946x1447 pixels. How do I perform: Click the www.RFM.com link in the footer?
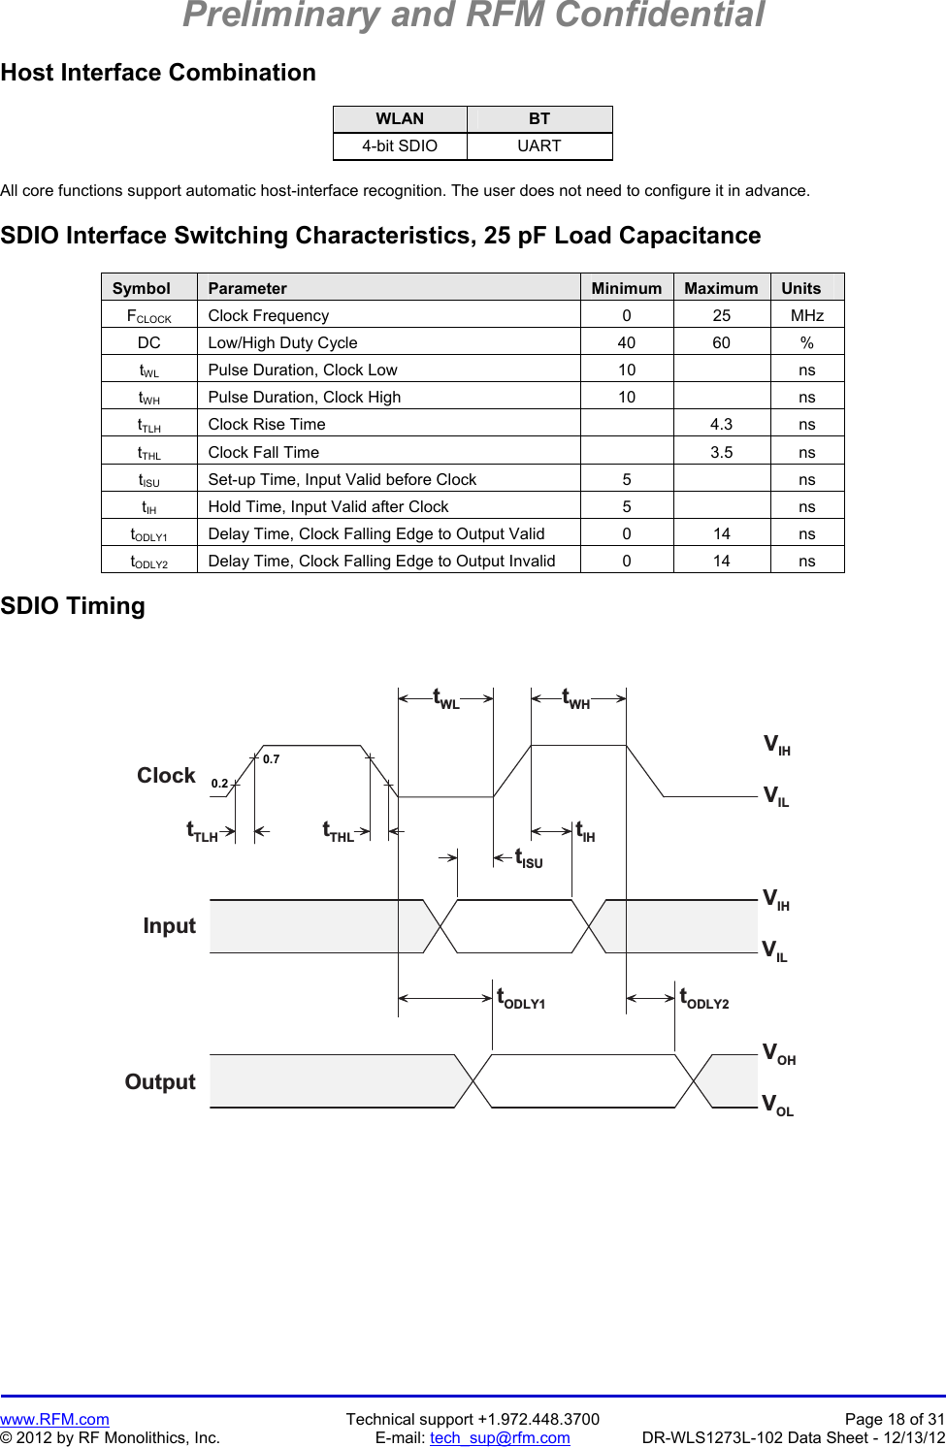click(x=54, y=1419)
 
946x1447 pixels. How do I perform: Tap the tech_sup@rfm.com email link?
click(x=500, y=1437)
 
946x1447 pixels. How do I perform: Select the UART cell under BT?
click(x=538, y=145)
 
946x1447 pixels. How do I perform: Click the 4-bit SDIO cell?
click(x=400, y=145)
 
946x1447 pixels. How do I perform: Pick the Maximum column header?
click(x=721, y=288)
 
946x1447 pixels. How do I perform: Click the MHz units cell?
click(x=806, y=315)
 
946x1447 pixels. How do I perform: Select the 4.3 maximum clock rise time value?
click(x=721, y=424)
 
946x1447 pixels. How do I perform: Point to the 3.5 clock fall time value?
click(x=721, y=452)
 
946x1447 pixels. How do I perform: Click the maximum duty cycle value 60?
click(x=721, y=342)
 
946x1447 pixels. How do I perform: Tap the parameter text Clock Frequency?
click(x=269, y=315)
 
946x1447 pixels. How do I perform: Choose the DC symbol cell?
click(x=149, y=342)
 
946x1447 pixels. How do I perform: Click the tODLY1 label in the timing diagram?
click(x=521, y=998)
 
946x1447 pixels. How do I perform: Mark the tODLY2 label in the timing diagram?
click(x=704, y=998)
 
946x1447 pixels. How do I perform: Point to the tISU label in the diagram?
click(x=529, y=858)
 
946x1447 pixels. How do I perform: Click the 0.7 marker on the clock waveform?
click(x=271, y=759)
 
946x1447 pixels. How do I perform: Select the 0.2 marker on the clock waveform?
click(x=219, y=784)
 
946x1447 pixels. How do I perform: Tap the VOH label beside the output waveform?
click(x=778, y=1053)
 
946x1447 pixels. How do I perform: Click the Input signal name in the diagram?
click(x=169, y=926)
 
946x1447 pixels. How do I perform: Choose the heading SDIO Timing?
click(x=73, y=606)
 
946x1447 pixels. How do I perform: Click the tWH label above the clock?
click(x=576, y=698)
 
